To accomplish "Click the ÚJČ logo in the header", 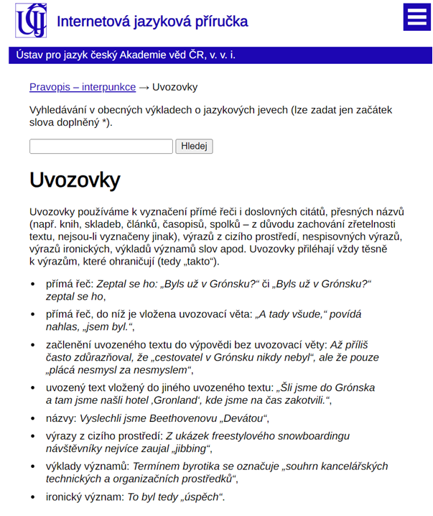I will [x=32, y=20].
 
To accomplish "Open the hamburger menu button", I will [x=416, y=19].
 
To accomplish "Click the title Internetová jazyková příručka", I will [x=152, y=22].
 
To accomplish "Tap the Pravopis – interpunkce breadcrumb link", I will [x=83, y=87].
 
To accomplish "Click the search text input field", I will [x=101, y=147].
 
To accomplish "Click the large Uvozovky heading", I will [x=75, y=180].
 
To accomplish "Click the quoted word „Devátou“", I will [x=243, y=418].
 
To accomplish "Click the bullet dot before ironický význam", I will [x=32, y=497].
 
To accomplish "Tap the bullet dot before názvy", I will [x=32, y=418].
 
